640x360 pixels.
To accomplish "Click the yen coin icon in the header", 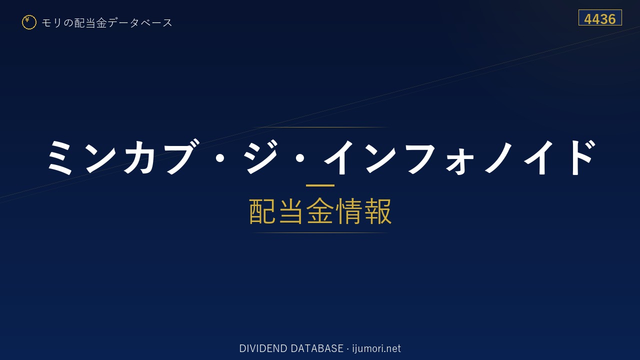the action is click(x=29, y=22).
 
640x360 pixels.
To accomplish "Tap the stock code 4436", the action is click(x=600, y=19).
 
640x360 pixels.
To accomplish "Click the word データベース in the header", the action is click(x=140, y=23).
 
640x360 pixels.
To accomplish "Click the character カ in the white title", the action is click(x=139, y=157).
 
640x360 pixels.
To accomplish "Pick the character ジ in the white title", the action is click(x=261, y=156).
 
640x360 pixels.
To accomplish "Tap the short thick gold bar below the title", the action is click(x=320, y=185).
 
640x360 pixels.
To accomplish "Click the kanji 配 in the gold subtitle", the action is click(x=262, y=211).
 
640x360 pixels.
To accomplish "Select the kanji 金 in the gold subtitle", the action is click(x=320, y=211).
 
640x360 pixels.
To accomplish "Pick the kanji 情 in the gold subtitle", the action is click(x=348, y=211).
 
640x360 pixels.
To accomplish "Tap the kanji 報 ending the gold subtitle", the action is click(x=377, y=211).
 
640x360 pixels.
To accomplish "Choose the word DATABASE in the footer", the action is click(x=317, y=348).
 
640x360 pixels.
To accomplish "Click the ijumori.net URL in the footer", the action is click(x=376, y=348).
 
